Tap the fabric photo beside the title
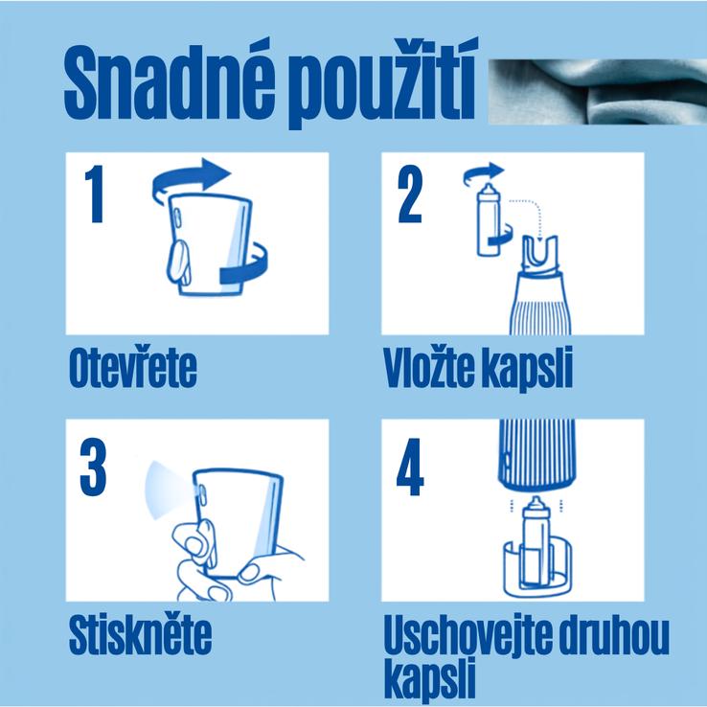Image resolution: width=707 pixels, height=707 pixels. click(598, 92)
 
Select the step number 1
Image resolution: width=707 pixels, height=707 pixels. click(95, 194)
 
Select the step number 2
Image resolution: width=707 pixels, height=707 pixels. click(410, 194)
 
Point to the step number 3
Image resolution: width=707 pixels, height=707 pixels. click(93, 467)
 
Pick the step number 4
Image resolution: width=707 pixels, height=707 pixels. click(410, 467)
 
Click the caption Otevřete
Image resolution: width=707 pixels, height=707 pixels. click(133, 368)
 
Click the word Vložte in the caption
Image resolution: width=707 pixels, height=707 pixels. click(429, 367)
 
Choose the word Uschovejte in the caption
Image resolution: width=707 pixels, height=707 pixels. click(468, 635)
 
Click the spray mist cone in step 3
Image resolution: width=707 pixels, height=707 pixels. click(167, 490)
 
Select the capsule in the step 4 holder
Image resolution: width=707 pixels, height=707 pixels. click(536, 541)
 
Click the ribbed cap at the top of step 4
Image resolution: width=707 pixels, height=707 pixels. click(536, 454)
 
